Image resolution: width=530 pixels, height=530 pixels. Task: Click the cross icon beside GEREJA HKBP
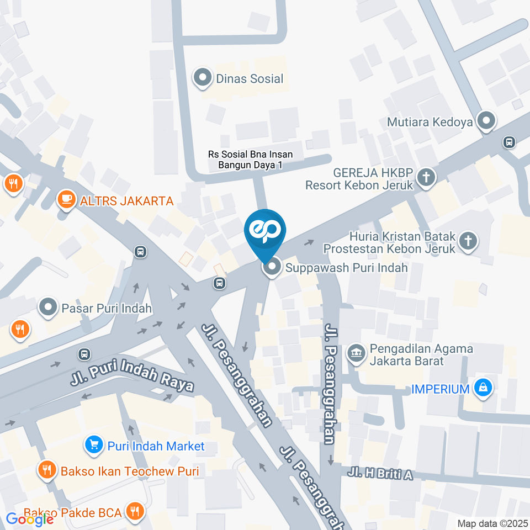426,178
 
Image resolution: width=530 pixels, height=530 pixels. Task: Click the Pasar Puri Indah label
107,308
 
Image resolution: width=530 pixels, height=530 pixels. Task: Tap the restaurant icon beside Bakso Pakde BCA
133,512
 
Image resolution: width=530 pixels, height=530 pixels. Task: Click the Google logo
30,519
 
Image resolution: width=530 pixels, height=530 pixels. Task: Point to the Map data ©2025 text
492,523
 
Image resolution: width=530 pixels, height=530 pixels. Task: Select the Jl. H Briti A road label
380,474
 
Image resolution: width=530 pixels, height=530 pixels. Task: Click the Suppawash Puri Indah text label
347,268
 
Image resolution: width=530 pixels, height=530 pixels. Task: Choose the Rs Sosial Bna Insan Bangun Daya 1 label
250,160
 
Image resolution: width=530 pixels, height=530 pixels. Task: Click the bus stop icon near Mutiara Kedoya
509,142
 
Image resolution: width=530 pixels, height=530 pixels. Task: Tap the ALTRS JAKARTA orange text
126,201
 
